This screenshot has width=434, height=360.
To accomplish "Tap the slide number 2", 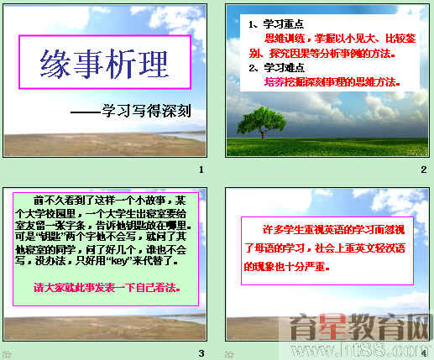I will (423, 170).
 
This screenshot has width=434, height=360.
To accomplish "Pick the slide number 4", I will (423, 352).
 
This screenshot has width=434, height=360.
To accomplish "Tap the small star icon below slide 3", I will (7, 354).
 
